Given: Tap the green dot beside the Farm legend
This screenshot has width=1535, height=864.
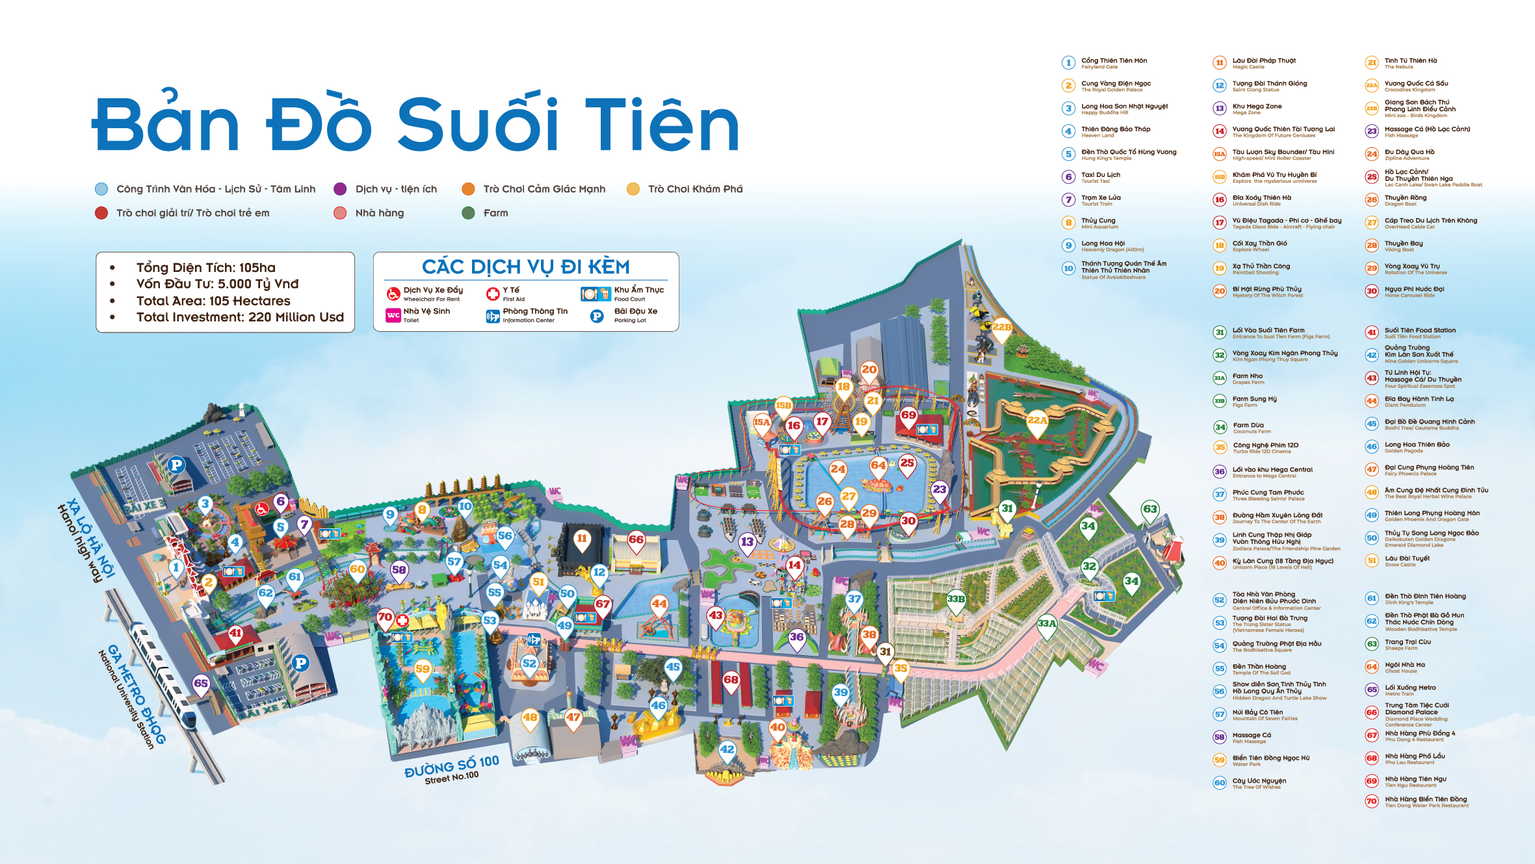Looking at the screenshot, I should click(468, 213).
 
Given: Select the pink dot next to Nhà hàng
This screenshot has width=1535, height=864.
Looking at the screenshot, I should click(340, 213).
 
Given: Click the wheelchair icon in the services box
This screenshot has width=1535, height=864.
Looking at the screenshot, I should click(393, 294).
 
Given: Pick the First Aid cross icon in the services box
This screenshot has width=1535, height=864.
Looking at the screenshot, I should click(492, 294).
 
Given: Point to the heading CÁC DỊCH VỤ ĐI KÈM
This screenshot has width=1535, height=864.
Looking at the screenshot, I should click(525, 267).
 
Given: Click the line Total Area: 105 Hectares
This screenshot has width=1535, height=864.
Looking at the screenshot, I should click(213, 301).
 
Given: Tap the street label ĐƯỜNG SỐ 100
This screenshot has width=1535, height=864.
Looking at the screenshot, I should click(451, 764).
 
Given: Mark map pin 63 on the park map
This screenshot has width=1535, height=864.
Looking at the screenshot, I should click(1150, 509).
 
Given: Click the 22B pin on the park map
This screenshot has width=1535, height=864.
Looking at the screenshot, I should click(1002, 327).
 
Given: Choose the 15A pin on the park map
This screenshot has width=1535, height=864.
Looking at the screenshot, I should click(761, 422).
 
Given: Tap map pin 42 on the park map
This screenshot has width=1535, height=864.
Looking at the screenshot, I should click(727, 749).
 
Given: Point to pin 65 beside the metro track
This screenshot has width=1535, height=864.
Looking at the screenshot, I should click(201, 683).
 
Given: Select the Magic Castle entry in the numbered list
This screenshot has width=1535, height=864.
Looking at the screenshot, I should click(1263, 63).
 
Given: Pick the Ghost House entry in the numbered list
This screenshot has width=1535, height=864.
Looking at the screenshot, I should click(1404, 668).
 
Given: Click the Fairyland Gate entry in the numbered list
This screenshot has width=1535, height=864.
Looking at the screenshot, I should click(1114, 63).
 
